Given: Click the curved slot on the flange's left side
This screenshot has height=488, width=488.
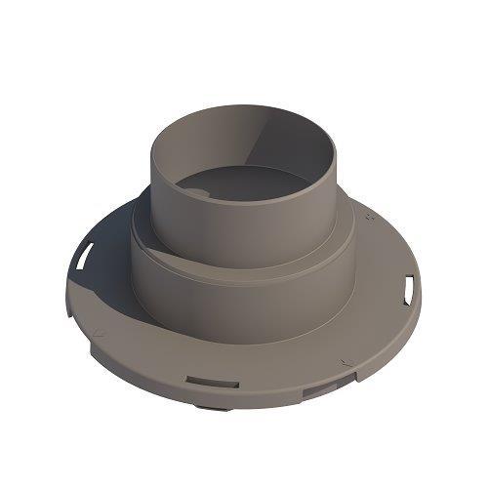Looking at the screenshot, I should pyautogui.click(x=84, y=257).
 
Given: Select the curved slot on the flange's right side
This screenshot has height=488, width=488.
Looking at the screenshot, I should pyautogui.click(x=409, y=288).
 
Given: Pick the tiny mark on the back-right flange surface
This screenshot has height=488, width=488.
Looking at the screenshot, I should pyautogui.click(x=369, y=221).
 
